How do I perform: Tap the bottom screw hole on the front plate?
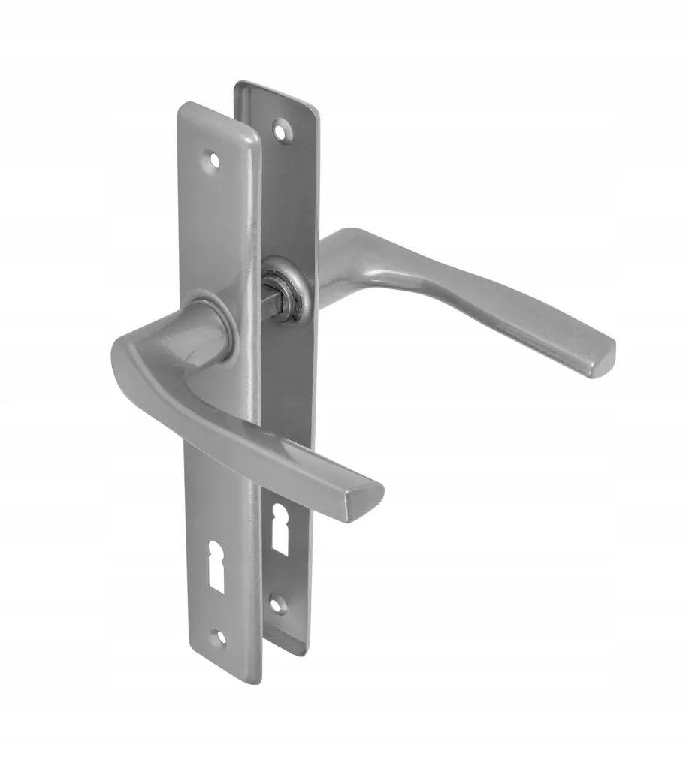click(x=220, y=637)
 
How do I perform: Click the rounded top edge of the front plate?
click(x=218, y=109)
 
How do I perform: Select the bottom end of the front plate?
click(x=225, y=680)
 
